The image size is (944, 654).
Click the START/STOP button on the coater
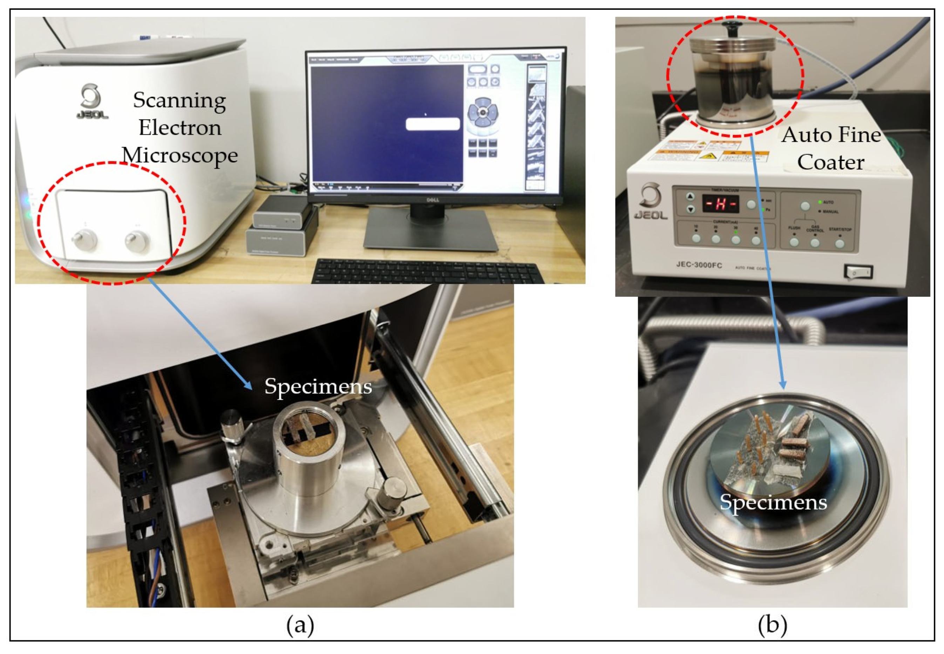pos(840,244)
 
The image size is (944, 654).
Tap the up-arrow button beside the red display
pos(691,197)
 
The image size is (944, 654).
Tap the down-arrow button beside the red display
pos(691,209)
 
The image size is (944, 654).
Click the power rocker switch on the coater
pos(858,272)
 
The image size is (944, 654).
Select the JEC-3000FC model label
pos(699,265)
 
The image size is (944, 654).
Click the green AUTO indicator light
pos(820,202)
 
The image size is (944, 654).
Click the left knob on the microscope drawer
pos(84,240)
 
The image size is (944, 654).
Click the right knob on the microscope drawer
pos(137,240)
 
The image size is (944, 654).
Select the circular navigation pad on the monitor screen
pos(483,112)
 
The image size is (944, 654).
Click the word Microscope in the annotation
pos(180,156)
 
